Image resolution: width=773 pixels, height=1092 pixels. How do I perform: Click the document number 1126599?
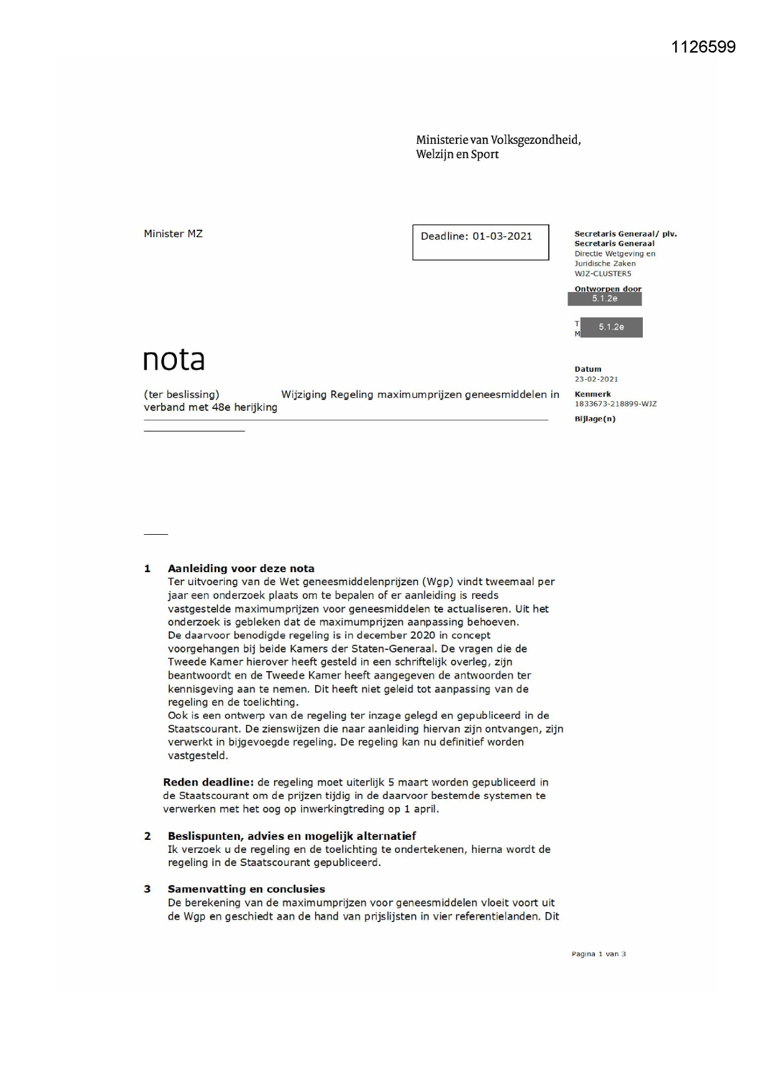pos(703,47)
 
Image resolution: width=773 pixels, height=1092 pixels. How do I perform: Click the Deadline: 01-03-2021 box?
pos(480,242)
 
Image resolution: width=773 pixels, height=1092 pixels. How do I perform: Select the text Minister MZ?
pos(173,234)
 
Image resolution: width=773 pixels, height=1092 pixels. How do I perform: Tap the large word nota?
pos(174,359)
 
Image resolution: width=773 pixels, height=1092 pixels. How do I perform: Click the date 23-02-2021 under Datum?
pos(596,379)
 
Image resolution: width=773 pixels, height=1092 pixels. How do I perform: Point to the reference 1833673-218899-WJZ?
pos(615,404)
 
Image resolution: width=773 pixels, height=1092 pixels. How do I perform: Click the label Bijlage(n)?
pos(595,419)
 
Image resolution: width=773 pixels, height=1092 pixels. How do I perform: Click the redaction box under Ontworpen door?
pos(604,299)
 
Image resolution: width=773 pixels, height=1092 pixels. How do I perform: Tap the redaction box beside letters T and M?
pos(611,327)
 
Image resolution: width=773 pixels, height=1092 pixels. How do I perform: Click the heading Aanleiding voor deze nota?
pos(241,568)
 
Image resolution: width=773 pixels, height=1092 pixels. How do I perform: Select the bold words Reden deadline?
pos(208,783)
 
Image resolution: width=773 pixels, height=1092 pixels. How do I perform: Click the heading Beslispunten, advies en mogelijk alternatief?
pos(292,836)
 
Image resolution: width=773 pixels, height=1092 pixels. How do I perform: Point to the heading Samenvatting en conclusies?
pos(246,889)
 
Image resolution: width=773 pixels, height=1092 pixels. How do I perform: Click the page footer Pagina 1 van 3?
pos(599,954)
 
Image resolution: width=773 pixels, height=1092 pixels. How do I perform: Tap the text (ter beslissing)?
pos(181,395)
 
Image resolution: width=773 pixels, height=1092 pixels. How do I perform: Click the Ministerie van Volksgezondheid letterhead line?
pos(498,140)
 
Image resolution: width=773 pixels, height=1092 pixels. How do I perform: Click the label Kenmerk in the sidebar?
pos(592,394)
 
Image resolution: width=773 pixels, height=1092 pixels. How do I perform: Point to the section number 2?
pos(148,836)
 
